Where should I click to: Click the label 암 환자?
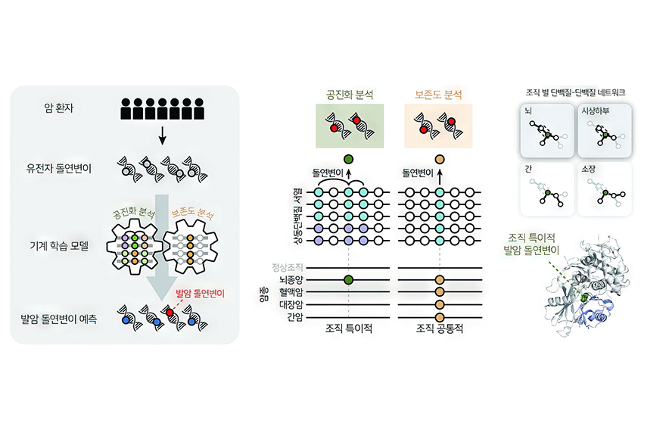59,108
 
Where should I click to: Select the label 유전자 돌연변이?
59,169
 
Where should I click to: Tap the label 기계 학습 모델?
59,246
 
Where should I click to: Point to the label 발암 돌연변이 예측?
59,319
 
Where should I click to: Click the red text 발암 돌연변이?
200,294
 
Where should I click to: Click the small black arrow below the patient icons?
162,135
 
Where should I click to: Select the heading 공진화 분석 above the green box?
350,95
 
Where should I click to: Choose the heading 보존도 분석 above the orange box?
438,95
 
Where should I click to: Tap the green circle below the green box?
348,160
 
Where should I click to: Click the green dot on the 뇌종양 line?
348,279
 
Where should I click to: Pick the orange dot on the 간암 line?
440,317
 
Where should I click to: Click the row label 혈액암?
291,292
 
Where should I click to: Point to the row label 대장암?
291,304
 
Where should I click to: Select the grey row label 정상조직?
288,267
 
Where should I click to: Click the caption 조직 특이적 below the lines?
349,328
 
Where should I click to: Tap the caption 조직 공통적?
440,328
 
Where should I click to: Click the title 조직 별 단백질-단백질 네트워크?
575,92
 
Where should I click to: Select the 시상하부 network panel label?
596,111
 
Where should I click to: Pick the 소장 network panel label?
588,169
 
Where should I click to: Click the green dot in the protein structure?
585,297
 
